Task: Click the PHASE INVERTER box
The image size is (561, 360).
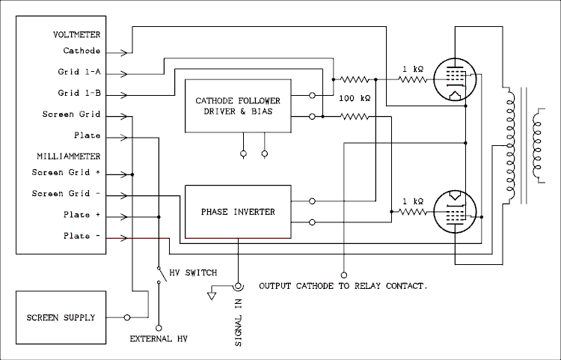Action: point(238,212)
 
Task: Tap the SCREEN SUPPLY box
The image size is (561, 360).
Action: point(62,317)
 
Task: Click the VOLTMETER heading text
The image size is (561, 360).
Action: point(77,34)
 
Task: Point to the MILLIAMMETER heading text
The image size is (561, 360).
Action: point(68,156)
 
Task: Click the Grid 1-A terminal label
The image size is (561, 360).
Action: point(79,73)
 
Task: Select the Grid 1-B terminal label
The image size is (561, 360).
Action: point(79,94)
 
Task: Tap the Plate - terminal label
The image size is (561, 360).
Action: point(84,236)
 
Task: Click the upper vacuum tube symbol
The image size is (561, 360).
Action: point(456,79)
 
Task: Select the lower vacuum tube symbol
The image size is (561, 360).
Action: point(456,213)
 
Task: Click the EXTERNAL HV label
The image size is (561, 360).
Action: point(159,339)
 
